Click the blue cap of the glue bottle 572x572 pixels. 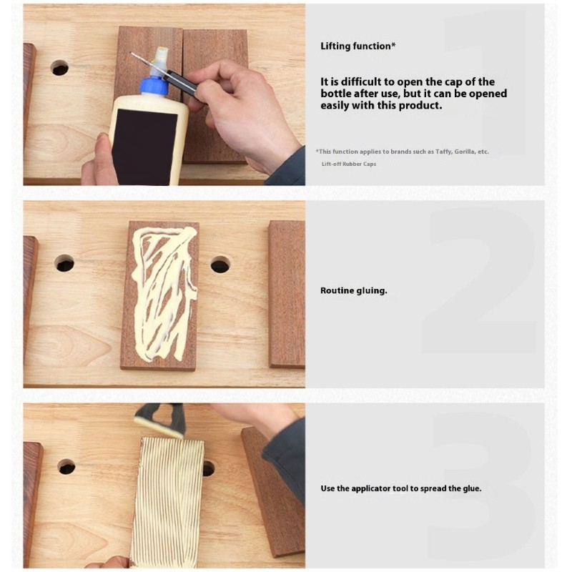(154, 86)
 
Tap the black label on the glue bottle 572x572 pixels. (144, 146)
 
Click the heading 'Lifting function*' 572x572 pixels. (358, 46)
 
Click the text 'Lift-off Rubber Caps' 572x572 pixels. (349, 164)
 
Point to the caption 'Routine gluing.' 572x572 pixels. (353, 290)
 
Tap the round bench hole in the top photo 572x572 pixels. (59, 68)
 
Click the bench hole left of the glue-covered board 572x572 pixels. (64, 263)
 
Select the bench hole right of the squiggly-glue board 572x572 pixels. (220, 265)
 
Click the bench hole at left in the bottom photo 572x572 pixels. (66, 467)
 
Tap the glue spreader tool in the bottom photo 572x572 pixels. (160, 420)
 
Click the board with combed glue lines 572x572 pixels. (168, 502)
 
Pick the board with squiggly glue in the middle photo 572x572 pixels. (159, 295)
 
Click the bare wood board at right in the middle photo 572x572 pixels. (287, 294)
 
